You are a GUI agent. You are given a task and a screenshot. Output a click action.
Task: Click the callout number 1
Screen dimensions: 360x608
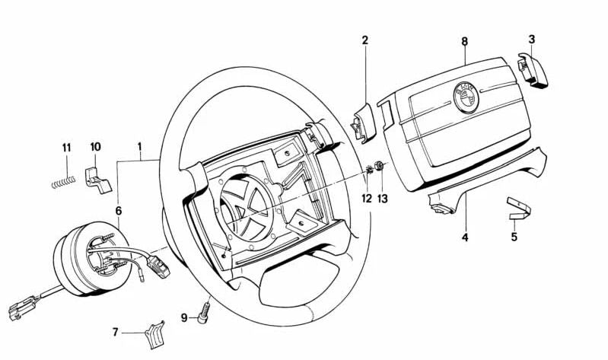coord(139,145)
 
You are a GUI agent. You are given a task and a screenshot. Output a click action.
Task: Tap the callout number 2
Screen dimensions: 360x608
coord(364,40)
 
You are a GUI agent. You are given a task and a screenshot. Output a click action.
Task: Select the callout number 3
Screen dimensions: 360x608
coord(531,39)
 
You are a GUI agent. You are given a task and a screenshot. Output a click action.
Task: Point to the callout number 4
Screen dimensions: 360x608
coord(465,237)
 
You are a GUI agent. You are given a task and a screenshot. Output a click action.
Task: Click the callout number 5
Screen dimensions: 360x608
coord(514,237)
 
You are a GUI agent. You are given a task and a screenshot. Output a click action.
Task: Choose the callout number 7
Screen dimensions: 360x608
coord(116,332)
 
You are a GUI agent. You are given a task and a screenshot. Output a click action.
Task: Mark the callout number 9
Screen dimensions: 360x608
coord(184,317)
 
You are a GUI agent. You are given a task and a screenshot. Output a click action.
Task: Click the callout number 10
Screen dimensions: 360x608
coord(95,146)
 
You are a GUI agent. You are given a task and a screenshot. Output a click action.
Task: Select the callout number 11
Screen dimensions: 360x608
coord(66,146)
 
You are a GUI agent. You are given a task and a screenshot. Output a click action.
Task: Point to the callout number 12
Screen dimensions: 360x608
coord(367,199)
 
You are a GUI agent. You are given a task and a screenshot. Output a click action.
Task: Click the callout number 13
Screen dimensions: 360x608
coord(383,199)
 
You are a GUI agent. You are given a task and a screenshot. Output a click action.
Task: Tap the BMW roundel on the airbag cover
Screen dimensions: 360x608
coord(465,97)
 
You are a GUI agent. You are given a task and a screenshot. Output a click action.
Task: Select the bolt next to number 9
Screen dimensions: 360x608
coord(203,313)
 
